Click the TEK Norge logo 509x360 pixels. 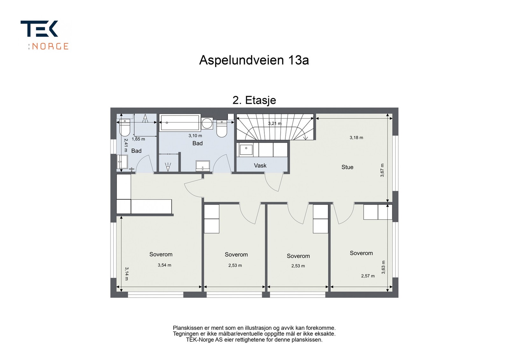coord(45,35)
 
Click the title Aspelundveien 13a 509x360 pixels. coord(254,60)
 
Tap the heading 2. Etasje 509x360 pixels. coord(254,100)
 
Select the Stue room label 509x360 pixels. coord(347,167)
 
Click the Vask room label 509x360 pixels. coord(260,165)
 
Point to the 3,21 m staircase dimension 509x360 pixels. coord(275,123)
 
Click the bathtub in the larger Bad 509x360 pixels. coord(180,123)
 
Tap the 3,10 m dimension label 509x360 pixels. coord(195,136)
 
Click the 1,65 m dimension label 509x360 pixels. coord(138,139)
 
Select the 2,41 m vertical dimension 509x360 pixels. coord(126,145)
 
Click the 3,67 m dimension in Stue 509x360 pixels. coord(382,170)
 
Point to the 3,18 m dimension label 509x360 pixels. coord(356,138)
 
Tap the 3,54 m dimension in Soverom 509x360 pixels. coord(164,265)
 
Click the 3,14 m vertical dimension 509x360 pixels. coord(126,273)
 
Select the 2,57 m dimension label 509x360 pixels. coord(368,276)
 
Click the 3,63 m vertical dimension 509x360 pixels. coord(383,267)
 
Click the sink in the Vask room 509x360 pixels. coord(246,149)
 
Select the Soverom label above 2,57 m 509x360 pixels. coord(361,253)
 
